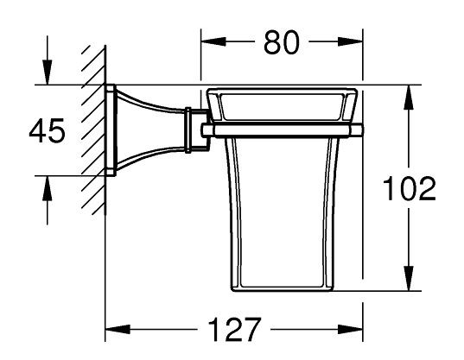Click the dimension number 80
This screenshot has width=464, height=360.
(281, 42)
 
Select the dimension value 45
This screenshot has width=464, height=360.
(47, 131)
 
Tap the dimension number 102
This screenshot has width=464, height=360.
(410, 189)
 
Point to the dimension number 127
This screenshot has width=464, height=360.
(234, 330)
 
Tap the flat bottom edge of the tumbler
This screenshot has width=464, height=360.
(282, 292)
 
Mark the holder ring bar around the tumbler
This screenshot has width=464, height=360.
(282, 130)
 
